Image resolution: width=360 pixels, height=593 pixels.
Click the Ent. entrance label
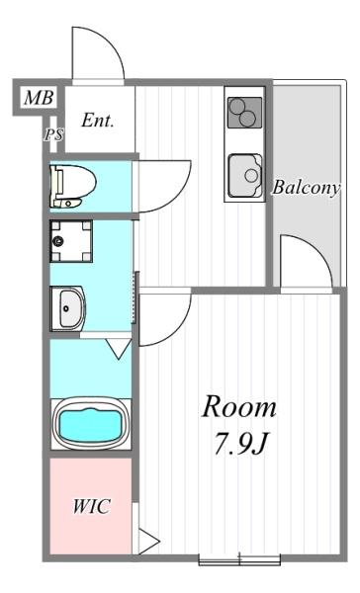point(98,122)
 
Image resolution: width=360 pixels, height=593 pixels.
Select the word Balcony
point(307,187)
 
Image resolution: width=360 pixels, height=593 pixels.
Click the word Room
point(240,407)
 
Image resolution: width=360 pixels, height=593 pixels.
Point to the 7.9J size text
point(240,445)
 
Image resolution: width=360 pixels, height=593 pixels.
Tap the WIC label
point(90,507)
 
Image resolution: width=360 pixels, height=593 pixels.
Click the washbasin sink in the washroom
point(69,309)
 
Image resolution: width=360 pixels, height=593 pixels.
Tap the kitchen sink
point(243,176)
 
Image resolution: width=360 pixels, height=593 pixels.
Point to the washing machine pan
point(71,241)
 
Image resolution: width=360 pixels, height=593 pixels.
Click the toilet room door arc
point(162,183)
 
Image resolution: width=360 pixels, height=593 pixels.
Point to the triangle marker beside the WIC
point(149,541)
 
